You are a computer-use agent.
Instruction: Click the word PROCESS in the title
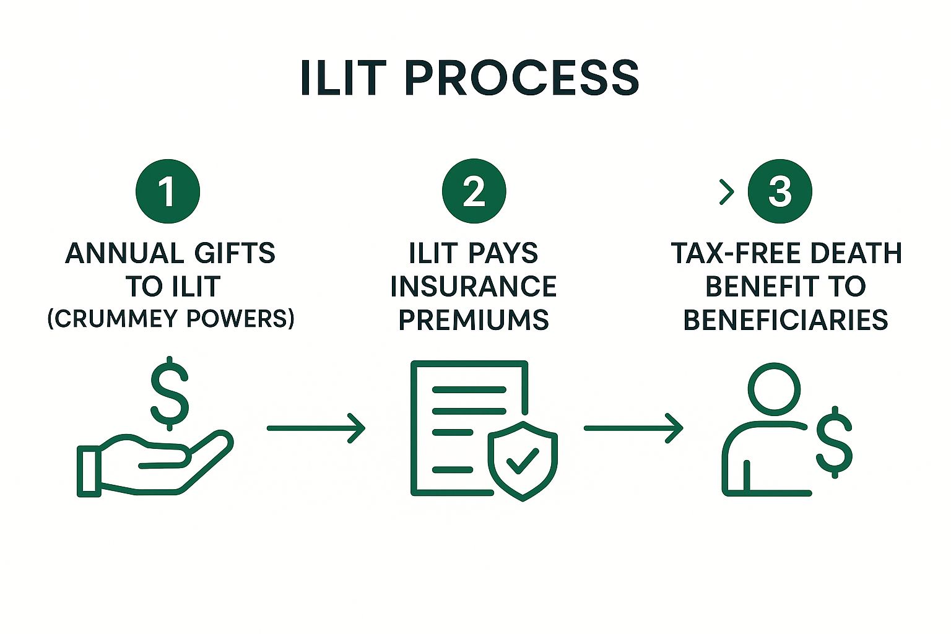click(x=521, y=78)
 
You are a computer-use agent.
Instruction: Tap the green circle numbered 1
click(x=167, y=191)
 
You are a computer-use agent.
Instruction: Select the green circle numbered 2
click(x=474, y=191)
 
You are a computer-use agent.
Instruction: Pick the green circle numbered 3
click(x=779, y=191)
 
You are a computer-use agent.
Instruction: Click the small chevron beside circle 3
click(x=727, y=192)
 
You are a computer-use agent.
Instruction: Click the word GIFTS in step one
click(x=235, y=254)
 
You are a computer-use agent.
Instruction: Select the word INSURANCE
click(x=474, y=287)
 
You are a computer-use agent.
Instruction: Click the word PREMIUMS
click(x=474, y=320)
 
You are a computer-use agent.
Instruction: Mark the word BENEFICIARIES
click(x=786, y=320)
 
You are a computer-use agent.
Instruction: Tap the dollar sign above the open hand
click(x=170, y=394)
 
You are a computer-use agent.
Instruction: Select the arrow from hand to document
click(x=316, y=428)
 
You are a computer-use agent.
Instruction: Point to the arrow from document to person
click(x=633, y=428)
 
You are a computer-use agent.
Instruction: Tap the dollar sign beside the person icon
click(x=834, y=442)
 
